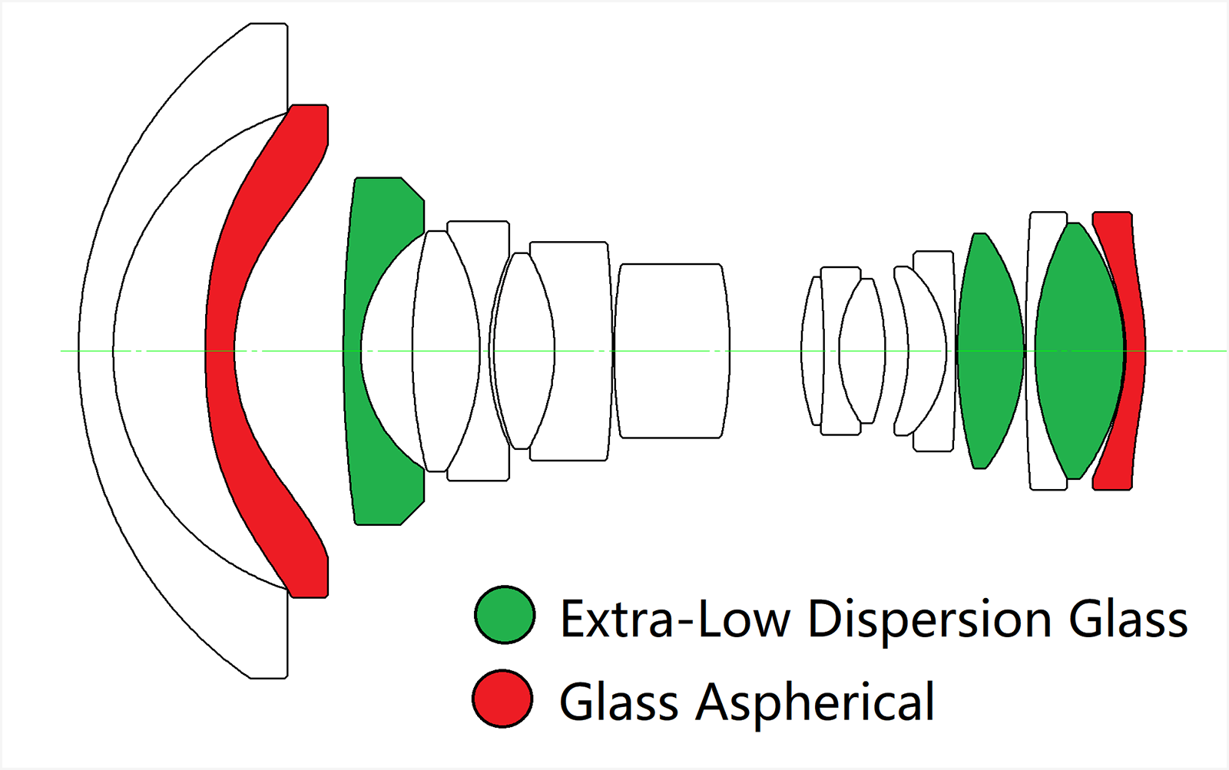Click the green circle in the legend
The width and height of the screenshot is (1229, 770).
click(x=505, y=615)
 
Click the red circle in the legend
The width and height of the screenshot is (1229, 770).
click(x=503, y=699)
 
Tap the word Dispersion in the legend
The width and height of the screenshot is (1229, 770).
click(x=929, y=619)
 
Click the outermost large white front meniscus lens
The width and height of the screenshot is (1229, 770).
click(x=96, y=351)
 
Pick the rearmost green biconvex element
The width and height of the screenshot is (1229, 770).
click(x=1078, y=351)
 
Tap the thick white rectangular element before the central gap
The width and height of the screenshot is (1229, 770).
click(x=671, y=351)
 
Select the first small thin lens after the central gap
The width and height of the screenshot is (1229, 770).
click(x=811, y=351)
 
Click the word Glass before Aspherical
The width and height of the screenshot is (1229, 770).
click(x=619, y=702)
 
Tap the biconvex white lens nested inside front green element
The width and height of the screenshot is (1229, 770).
click(x=446, y=351)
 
